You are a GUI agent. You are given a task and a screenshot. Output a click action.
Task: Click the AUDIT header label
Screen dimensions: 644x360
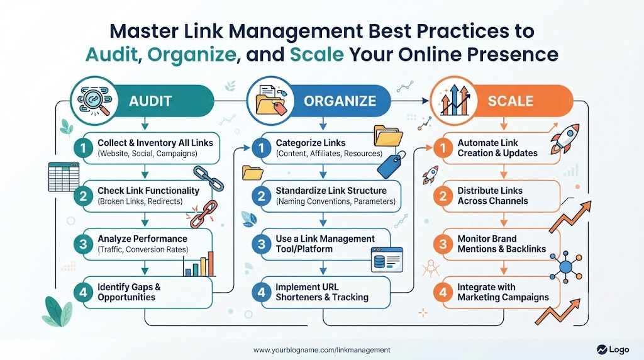(150, 101)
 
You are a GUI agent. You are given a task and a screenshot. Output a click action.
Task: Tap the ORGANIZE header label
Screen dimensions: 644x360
(340, 101)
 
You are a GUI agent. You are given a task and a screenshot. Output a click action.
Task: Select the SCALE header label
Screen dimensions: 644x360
(511, 101)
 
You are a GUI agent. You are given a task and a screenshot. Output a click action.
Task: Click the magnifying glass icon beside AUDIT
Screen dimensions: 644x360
(95, 101)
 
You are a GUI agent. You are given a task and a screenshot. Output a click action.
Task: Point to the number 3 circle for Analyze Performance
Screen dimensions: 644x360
(84, 244)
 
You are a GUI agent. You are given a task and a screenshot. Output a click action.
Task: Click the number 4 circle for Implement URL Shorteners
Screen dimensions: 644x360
(262, 292)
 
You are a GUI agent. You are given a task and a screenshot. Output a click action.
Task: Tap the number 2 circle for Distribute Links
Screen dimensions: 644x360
(443, 196)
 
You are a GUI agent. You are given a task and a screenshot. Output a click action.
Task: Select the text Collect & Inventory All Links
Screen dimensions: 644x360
(155, 143)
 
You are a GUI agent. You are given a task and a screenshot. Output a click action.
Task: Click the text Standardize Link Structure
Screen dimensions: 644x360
(331, 191)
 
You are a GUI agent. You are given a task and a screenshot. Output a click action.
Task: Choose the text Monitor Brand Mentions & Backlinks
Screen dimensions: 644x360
(501, 244)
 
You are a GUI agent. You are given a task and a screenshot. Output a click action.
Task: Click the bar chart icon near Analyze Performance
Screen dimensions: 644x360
(199, 264)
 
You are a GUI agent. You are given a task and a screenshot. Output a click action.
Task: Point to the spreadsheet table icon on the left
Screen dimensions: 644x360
(64, 177)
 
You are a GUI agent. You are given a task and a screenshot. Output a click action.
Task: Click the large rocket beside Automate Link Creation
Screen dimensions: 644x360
(565, 138)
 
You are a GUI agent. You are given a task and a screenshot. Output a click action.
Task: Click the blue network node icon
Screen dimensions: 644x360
(566, 267)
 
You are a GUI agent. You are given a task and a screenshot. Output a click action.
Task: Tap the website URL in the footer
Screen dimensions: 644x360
(322, 350)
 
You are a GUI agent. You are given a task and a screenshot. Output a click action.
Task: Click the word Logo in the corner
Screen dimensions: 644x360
(619, 349)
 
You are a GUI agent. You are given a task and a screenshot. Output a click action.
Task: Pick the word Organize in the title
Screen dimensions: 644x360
(192, 55)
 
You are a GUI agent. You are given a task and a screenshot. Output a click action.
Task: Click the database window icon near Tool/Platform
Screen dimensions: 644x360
(387, 260)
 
